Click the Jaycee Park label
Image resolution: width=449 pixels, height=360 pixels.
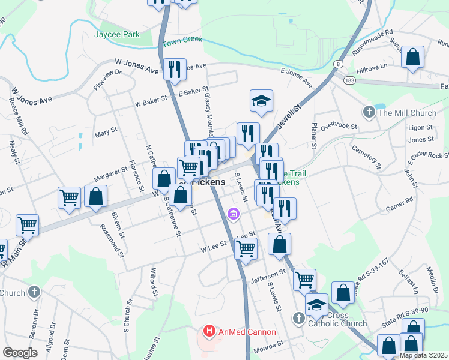[x=117, y=34]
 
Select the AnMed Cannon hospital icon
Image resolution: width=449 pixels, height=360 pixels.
[x=209, y=331]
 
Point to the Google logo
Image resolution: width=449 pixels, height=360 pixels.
[x=19, y=353]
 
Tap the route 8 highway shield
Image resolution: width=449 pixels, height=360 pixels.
[x=339, y=64]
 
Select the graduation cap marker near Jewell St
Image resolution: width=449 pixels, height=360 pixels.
[x=261, y=101]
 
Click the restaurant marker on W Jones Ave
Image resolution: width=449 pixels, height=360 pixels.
[x=175, y=69]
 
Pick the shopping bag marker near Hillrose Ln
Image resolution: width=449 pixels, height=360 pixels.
[x=413, y=58]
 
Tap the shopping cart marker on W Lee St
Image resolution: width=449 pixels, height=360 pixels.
[x=246, y=248]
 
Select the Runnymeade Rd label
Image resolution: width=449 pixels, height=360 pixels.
[x=372, y=42]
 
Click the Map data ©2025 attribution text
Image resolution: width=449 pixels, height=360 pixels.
[x=424, y=355]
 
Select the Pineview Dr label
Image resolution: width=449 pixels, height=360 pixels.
[x=107, y=80]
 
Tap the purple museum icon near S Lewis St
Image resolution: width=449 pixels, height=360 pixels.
[x=234, y=213]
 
